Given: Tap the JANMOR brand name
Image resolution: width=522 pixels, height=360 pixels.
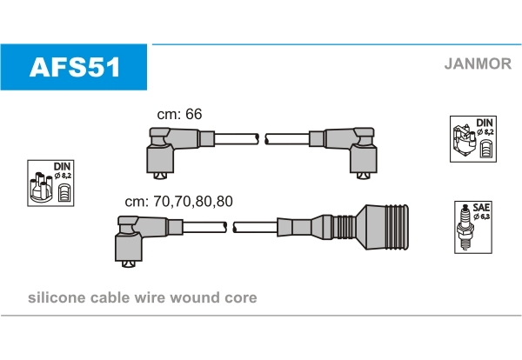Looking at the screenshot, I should pyautogui.click(x=478, y=63).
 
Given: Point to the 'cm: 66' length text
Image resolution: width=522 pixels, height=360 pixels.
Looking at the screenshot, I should pyautogui.click(x=179, y=115).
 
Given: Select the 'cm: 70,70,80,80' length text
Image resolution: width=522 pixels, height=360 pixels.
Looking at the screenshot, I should pyautogui.click(x=178, y=201).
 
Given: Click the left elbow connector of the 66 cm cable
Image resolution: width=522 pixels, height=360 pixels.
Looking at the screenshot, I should pyautogui.click(x=163, y=149).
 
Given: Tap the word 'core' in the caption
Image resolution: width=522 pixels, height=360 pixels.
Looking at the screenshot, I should pyautogui.click(x=241, y=297).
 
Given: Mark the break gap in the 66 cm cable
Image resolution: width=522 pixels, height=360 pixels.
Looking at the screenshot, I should pyautogui.click(x=261, y=137).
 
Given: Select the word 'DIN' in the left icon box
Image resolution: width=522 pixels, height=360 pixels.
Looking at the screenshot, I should pyautogui.click(x=62, y=165).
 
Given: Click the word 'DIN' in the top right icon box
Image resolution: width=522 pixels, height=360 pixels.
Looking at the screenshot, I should pyautogui.click(x=485, y=122).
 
